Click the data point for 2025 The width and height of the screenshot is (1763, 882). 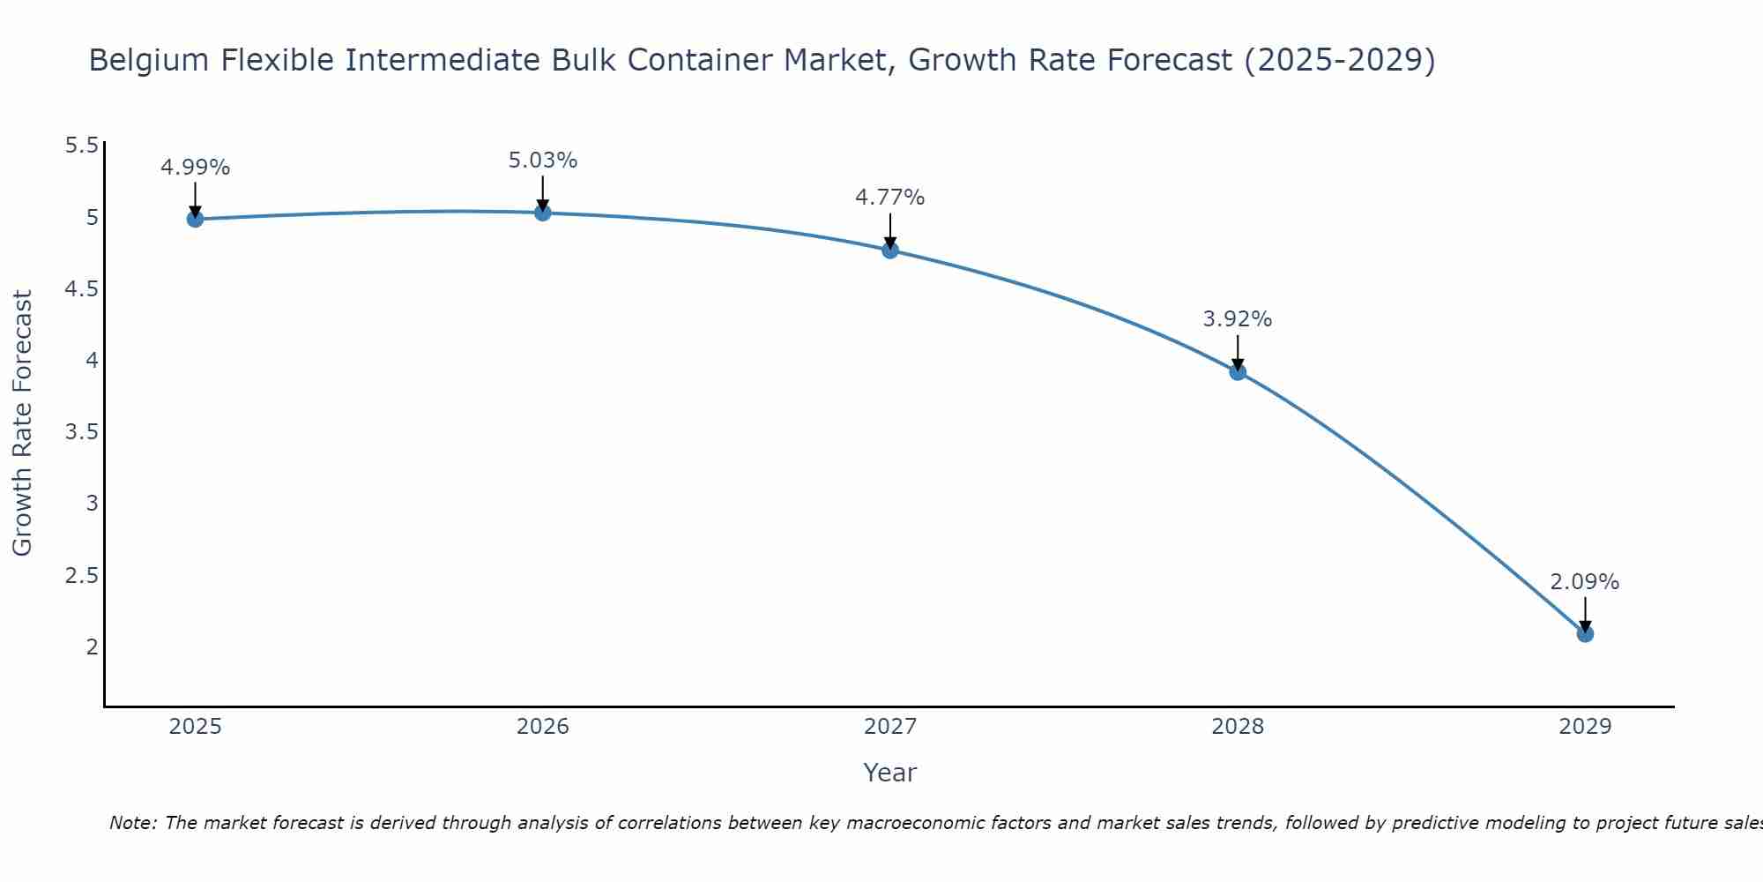click(x=195, y=219)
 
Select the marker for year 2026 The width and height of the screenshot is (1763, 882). click(x=542, y=213)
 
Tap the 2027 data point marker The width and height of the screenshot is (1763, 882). click(x=890, y=250)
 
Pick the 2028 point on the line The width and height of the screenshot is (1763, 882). click(x=1238, y=372)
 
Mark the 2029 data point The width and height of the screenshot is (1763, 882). click(x=1585, y=634)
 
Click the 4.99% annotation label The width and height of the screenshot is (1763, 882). click(x=195, y=168)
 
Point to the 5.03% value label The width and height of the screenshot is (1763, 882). click(x=542, y=161)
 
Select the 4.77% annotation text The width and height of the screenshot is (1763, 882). click(x=890, y=198)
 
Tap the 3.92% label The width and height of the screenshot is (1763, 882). click(x=1238, y=319)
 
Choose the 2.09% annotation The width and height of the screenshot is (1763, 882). click(x=1585, y=582)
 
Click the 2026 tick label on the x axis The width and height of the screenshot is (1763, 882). click(x=542, y=727)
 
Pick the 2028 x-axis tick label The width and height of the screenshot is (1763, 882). click(x=1238, y=727)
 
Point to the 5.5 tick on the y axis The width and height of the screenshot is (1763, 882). click(x=81, y=146)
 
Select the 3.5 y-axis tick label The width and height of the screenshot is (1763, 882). click(x=81, y=432)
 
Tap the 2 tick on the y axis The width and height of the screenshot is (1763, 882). click(x=92, y=647)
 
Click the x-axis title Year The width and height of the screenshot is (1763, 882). click(x=890, y=773)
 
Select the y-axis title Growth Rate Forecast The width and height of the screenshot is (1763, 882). click(x=22, y=423)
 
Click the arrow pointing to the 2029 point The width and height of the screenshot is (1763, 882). click(x=1585, y=614)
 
